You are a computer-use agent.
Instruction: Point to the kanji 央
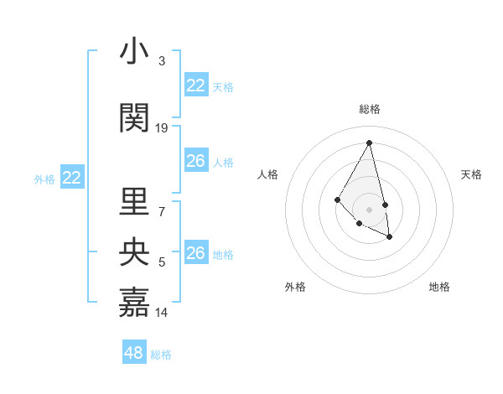[134, 252]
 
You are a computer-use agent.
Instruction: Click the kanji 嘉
[134, 303]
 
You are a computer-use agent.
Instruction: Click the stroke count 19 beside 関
[162, 128]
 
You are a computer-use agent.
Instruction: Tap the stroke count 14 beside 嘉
[162, 313]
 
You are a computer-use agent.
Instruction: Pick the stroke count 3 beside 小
[162, 61]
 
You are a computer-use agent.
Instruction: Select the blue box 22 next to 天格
[196, 86]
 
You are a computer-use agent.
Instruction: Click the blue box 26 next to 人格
[196, 161]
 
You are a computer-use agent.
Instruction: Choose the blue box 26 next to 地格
[196, 253]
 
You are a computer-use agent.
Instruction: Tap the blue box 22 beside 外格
[72, 178]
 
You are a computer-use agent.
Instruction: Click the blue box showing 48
[134, 353]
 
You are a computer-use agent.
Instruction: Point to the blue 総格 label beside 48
[161, 355]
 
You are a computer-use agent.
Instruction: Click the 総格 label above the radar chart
[370, 109]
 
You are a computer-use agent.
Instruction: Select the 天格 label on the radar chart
[472, 174]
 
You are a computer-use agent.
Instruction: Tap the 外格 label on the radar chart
[295, 287]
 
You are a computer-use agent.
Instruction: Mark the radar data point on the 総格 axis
[370, 143]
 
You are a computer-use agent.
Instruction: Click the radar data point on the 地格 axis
[390, 237]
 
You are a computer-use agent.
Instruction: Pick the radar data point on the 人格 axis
[337, 199]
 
